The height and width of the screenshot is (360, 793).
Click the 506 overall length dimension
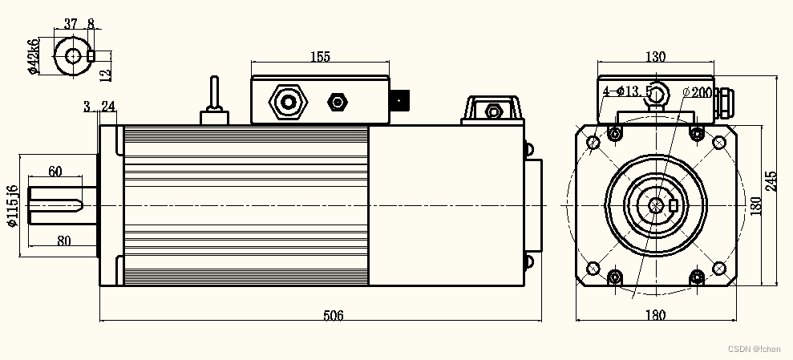(333, 316)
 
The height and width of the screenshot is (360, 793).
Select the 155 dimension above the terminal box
(319, 56)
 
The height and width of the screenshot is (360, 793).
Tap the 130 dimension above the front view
(655, 56)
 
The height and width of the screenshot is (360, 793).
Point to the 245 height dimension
(771, 181)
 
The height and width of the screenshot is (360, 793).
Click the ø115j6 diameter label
(12, 206)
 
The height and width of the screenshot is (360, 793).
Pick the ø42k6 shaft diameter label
(33, 56)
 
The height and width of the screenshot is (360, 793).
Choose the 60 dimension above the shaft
(55, 171)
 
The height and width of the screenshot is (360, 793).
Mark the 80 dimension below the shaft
(65, 241)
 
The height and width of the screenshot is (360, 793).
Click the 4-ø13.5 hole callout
(628, 91)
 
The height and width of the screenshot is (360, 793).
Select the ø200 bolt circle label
(696, 92)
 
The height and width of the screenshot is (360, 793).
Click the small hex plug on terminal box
(338, 102)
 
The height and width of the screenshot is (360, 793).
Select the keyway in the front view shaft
(673, 205)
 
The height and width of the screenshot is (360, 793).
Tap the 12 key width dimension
(105, 74)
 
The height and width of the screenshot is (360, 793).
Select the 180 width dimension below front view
(655, 316)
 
